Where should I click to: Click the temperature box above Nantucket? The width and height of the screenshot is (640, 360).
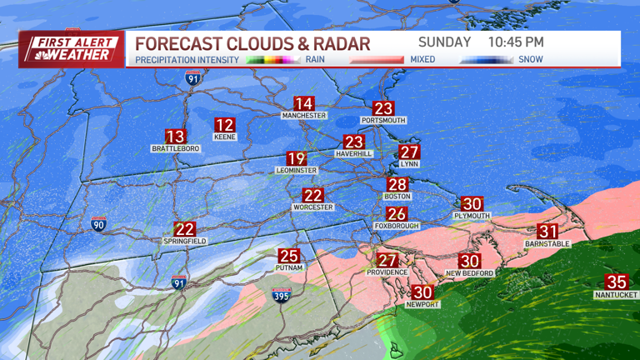[x=616, y=282]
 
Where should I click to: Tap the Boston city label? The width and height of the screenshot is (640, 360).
[x=397, y=197]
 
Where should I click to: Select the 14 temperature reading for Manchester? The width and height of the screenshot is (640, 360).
[x=303, y=104]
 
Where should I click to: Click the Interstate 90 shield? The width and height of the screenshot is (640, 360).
[x=98, y=225]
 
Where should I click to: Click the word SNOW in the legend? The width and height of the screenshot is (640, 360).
[x=530, y=60]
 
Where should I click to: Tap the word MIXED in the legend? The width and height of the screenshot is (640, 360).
[x=422, y=60]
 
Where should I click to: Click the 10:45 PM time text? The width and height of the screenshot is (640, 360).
[x=516, y=42]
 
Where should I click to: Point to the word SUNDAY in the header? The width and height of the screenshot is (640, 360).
[x=444, y=42]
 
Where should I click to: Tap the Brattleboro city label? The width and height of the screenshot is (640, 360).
[x=175, y=149]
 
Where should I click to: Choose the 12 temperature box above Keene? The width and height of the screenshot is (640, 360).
[x=224, y=126]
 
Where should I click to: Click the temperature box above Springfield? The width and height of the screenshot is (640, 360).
[x=184, y=229]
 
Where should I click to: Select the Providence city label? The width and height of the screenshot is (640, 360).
[x=387, y=272]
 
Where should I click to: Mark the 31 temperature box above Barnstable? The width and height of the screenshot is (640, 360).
[x=547, y=232]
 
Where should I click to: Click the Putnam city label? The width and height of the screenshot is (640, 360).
[x=288, y=268]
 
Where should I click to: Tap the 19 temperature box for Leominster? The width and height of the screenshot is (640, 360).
[x=296, y=158]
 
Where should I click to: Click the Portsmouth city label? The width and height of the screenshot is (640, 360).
[x=382, y=121]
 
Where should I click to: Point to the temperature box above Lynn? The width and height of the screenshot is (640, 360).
[x=408, y=152]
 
